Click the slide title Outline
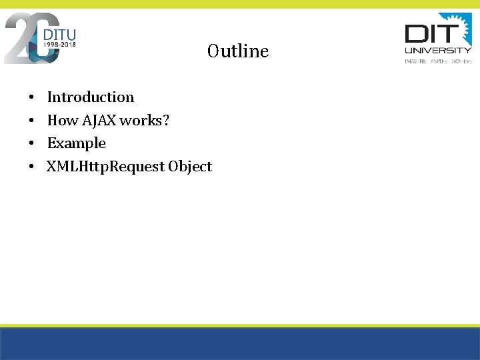coord(238,51)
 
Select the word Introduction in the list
coord(90,97)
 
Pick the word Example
coord(76,143)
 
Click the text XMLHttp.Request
coord(105,167)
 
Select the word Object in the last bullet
coord(190,167)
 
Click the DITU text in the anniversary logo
coord(59,34)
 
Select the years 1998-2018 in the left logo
coord(59,45)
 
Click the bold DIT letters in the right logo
coord(430,33)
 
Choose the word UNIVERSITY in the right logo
coord(438,50)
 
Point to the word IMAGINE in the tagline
coord(416,61)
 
